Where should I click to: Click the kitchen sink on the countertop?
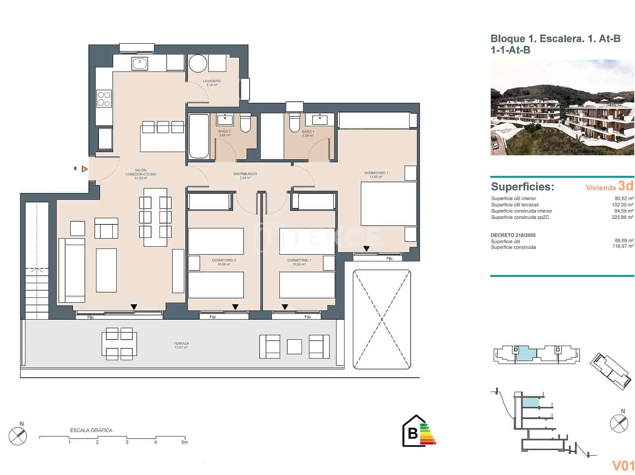click(x=140, y=64)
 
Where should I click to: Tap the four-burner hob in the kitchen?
click(x=104, y=98)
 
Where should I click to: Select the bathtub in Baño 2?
click(x=199, y=136)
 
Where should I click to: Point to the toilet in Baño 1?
click(x=294, y=123)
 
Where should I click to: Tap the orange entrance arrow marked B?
click(x=84, y=169)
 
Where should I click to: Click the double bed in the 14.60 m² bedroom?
click(x=389, y=203)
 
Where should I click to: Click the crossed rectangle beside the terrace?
click(x=381, y=319)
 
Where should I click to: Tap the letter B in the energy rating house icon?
click(x=412, y=433)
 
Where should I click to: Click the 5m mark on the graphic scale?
click(x=184, y=442)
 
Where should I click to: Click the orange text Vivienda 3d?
click(x=609, y=187)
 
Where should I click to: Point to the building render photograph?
click(x=562, y=108)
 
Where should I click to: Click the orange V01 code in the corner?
click(x=623, y=465)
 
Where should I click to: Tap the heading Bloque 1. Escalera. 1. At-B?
click(x=555, y=39)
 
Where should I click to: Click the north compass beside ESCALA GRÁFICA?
click(x=18, y=436)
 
